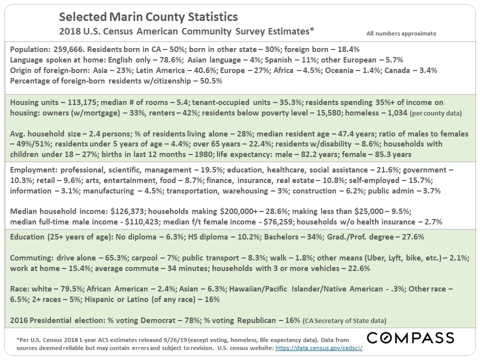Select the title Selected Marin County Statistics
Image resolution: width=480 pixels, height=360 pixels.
click(148, 17)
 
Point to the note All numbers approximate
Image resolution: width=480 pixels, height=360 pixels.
click(401, 33)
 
